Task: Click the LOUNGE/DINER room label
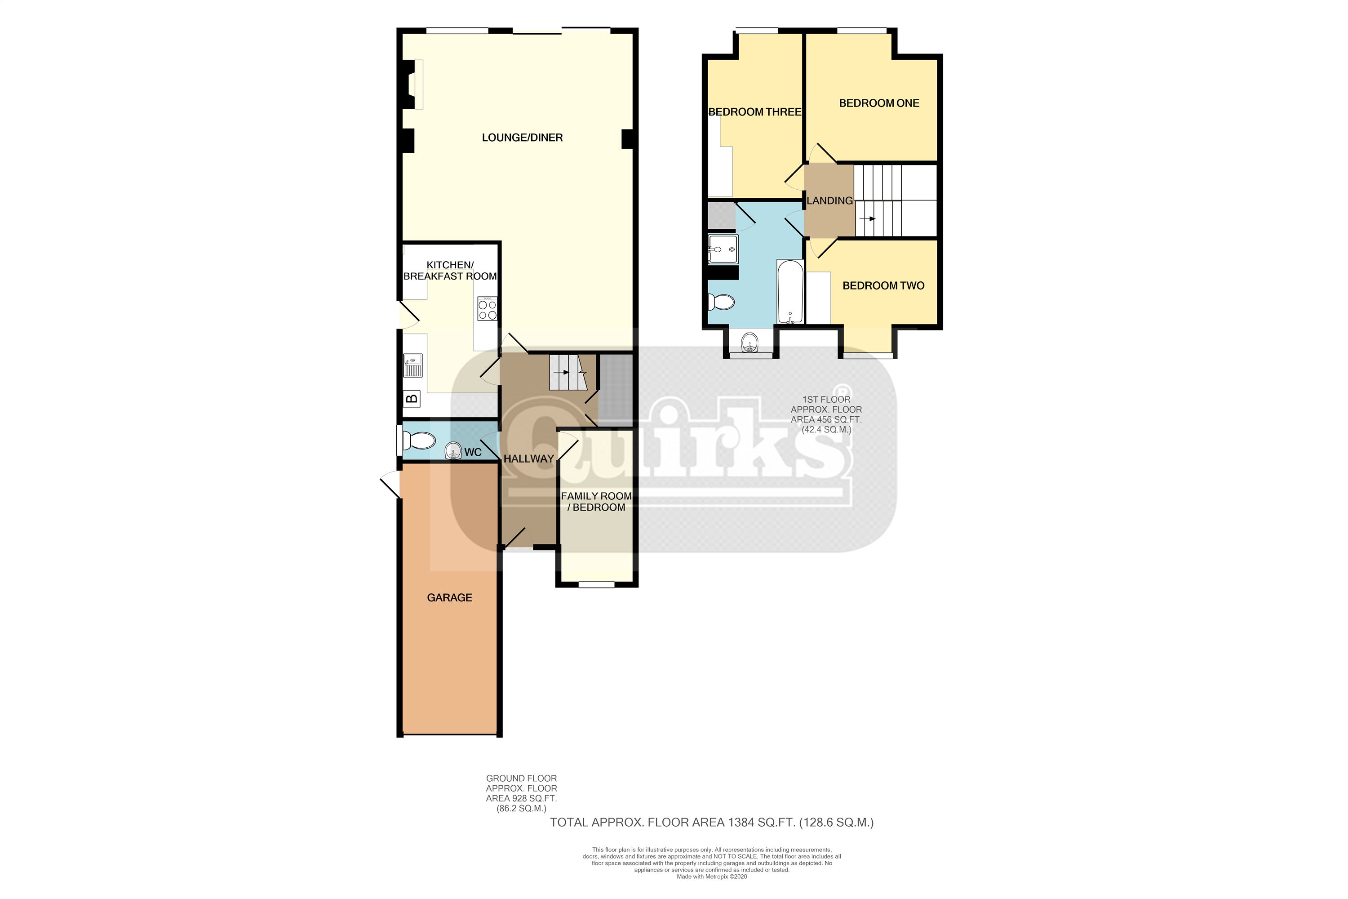(522, 138)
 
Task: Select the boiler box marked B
(412, 398)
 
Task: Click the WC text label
(473, 452)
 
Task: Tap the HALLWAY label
(528, 458)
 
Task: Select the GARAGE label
(449, 597)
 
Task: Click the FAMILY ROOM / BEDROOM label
(596, 501)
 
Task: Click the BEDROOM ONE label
(878, 103)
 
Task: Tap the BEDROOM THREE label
(754, 112)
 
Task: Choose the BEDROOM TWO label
(883, 285)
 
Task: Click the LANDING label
(829, 200)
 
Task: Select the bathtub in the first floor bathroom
(790, 292)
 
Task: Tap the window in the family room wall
(596, 585)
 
